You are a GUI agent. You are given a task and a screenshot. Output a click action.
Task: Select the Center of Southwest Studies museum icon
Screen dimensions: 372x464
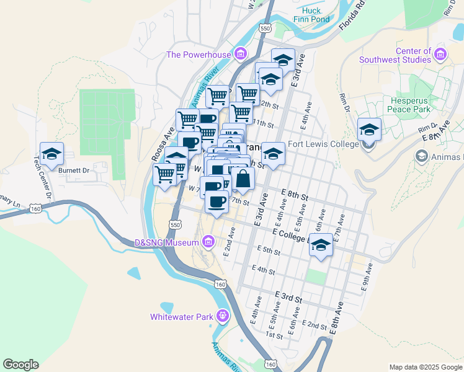coord(441,55)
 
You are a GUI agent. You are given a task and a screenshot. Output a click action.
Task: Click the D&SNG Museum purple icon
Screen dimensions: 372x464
coord(208,241)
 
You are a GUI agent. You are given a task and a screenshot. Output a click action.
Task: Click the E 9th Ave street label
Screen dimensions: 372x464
coord(367,277)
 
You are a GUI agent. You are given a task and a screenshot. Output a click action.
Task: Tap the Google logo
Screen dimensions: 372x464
coord(20,365)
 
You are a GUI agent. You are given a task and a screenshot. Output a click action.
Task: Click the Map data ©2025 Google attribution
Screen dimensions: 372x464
coord(426,367)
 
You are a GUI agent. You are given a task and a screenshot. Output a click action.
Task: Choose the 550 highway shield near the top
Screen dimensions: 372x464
coord(265,29)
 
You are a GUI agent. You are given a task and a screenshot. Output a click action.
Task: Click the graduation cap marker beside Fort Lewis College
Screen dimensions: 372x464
coord(369,130)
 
